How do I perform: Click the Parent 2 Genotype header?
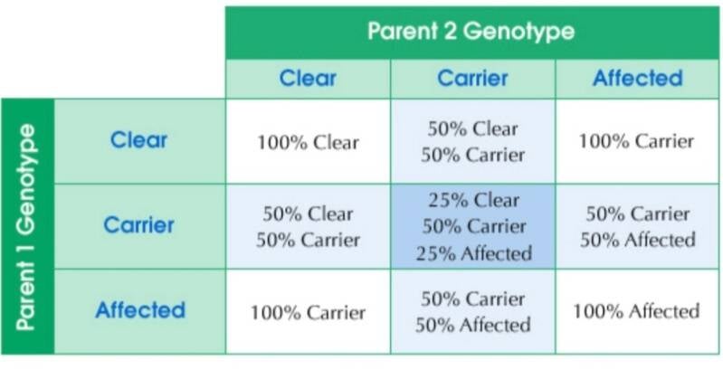(471, 32)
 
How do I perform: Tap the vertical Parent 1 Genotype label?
(26, 227)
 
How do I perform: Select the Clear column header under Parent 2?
(308, 79)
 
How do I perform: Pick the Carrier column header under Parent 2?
(472, 79)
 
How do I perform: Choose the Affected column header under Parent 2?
(638, 79)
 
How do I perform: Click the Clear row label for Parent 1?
(138, 140)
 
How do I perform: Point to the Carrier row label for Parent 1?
(138, 225)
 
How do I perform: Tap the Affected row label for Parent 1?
(140, 310)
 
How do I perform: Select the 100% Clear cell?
(308, 142)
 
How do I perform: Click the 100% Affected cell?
(637, 312)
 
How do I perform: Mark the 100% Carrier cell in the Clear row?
(637, 141)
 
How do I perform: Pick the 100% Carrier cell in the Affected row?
(308, 313)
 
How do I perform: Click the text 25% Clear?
(473, 201)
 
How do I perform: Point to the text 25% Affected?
(473, 254)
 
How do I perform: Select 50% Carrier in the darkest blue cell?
(473, 227)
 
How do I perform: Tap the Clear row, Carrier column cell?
(473, 141)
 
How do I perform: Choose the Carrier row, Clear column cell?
(308, 227)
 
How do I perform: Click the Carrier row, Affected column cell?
(637, 227)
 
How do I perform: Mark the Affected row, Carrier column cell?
(473, 312)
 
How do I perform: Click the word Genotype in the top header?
(518, 32)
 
